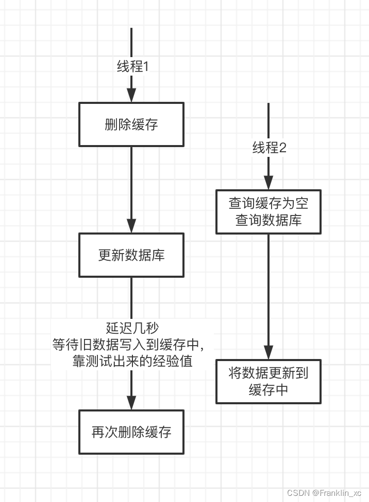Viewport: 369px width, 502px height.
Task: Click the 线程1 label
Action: point(132,67)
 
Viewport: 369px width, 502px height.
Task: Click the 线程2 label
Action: point(269,148)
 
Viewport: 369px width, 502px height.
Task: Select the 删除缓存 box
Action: point(131,124)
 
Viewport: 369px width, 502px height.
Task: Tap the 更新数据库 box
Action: point(131,255)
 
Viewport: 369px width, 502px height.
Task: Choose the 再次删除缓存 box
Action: point(131,432)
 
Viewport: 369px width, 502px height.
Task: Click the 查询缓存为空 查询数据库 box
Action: point(269,212)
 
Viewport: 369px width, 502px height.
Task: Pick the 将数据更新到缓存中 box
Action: point(269,381)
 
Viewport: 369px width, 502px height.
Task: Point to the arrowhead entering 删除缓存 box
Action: point(131,96)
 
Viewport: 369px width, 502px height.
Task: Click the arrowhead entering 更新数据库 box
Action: point(131,226)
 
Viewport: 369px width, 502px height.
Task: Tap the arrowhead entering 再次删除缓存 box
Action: point(131,403)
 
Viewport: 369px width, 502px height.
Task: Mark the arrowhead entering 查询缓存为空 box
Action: point(269,183)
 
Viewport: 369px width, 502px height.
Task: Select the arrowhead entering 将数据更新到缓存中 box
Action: point(269,352)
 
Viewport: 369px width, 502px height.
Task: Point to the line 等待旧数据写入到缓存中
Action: point(132,345)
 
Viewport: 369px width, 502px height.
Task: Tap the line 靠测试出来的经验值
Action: point(132,361)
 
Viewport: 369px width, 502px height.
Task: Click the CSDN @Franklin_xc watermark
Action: point(324,493)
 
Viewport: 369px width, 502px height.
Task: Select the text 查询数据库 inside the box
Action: point(269,220)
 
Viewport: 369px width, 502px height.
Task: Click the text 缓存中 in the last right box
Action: point(269,389)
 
